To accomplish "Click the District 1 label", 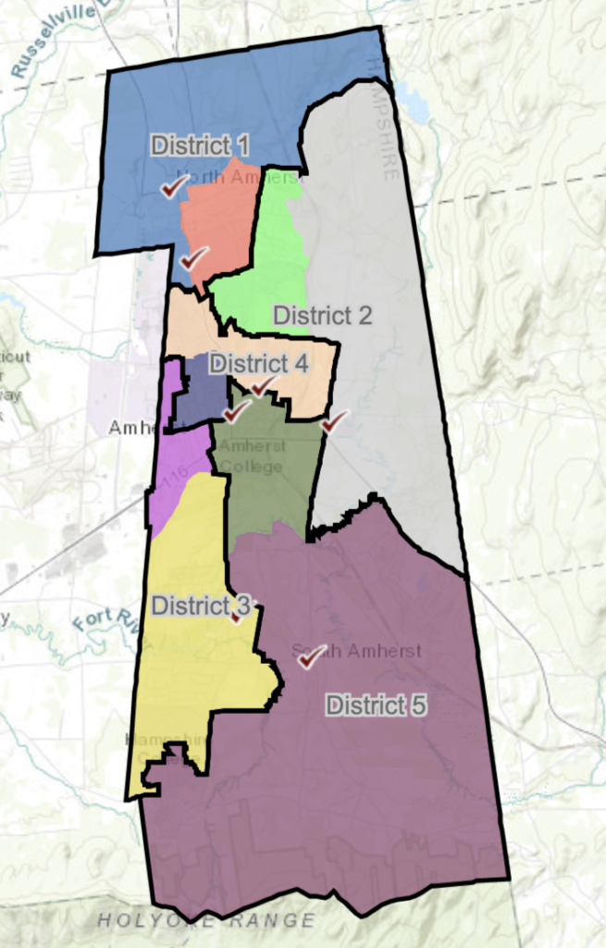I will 201,144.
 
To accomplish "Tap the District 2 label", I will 322,316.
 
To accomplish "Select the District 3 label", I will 201,605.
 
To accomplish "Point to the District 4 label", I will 258,362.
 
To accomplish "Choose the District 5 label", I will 376,705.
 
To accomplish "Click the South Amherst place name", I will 356,651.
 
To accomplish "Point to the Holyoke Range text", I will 206,920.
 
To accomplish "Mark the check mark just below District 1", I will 170,188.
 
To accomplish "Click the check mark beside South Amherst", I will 310,656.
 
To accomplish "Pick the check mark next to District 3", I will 239,615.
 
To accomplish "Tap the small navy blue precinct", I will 204,389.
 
